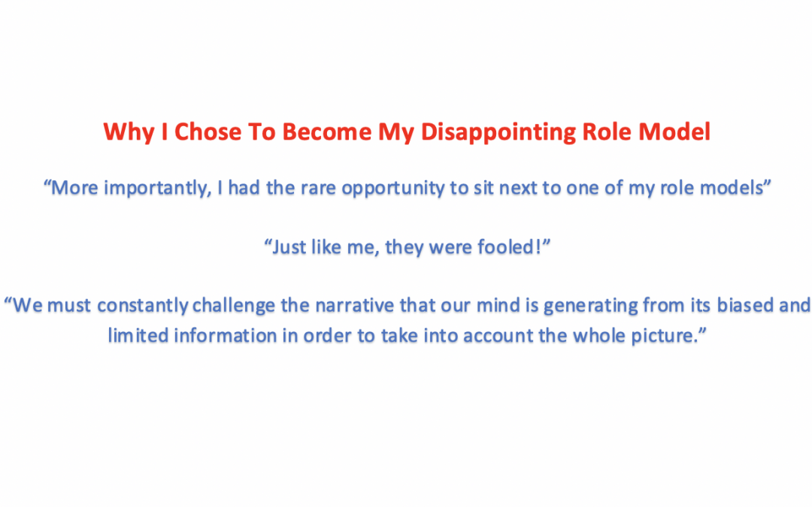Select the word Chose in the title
205,132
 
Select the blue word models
733,188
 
